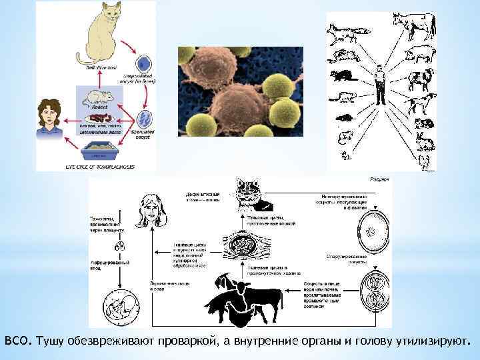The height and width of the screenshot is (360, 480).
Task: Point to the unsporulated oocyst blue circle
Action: [143, 65]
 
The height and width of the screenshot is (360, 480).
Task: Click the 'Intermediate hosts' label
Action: [101, 132]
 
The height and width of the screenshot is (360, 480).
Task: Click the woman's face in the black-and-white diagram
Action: [153, 209]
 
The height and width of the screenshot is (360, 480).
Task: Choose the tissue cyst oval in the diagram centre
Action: [248, 249]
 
